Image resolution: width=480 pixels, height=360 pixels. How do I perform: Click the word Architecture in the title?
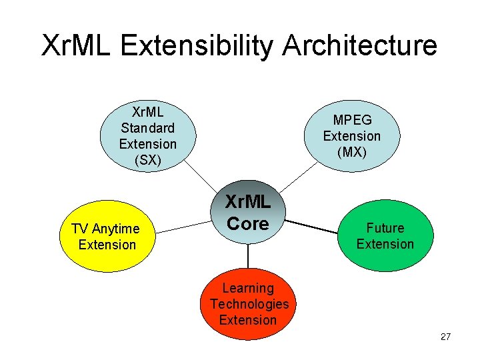(x=360, y=45)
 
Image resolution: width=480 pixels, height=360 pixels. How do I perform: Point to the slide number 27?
(x=446, y=337)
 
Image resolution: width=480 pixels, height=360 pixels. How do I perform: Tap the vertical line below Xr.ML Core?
(x=248, y=256)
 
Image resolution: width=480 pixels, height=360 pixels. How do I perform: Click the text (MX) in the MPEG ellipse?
(x=351, y=152)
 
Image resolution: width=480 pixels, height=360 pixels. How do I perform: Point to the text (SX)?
(x=147, y=160)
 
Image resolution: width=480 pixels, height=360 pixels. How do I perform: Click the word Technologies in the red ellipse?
(x=249, y=304)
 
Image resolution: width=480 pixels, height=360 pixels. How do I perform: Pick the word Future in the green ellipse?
(x=385, y=228)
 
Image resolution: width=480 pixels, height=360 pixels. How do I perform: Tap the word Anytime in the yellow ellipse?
(x=117, y=229)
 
